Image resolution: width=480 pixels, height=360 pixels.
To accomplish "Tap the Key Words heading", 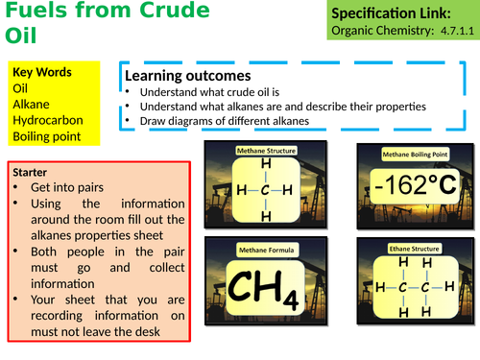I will [x=43, y=72].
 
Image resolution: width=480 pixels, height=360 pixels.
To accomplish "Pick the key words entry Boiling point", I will [x=48, y=137].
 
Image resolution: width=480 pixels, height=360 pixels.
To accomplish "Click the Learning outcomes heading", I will [x=188, y=75].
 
